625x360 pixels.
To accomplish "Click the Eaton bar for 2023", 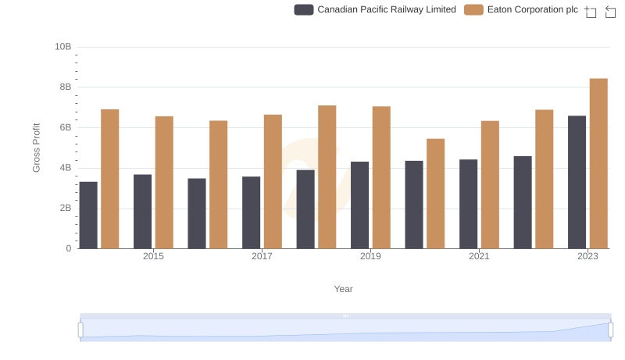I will click(598, 163).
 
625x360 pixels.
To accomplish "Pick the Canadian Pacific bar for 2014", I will click(88, 215).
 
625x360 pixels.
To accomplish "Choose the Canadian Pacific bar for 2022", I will click(523, 202).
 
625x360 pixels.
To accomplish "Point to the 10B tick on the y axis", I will click(63, 47).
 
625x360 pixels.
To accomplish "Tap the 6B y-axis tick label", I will click(63, 127).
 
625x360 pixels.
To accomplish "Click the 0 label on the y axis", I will click(68, 248).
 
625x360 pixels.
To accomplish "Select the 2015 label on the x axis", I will click(153, 256).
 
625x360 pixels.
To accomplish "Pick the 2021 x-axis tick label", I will click(479, 256).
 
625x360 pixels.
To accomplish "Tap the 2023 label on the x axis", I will click(587, 256).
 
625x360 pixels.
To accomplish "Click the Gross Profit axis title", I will click(36, 148).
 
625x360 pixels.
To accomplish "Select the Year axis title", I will click(344, 289).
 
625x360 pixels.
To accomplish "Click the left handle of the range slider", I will click(80, 330).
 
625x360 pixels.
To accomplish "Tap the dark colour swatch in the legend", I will click(304, 9).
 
